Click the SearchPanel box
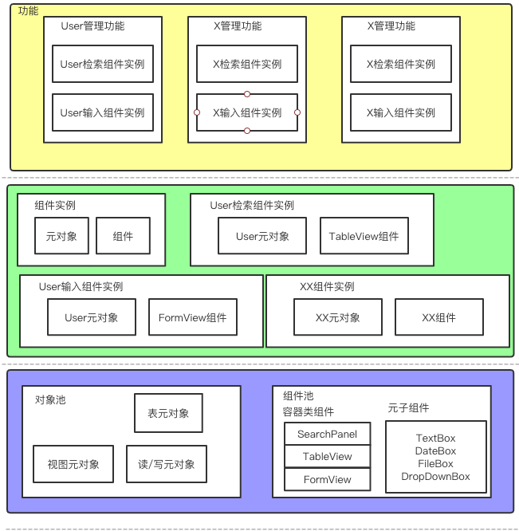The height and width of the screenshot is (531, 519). [328, 435]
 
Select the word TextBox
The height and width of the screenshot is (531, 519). [435, 439]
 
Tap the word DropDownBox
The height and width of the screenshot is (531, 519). [435, 477]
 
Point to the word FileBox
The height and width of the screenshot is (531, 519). [435, 464]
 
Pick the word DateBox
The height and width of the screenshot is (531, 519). [435, 451]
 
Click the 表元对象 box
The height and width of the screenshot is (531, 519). [168, 413]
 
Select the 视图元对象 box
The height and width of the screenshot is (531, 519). [73, 464]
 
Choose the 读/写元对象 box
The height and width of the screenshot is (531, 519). [167, 464]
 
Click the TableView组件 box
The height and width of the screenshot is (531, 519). [364, 236]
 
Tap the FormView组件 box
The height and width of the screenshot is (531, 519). [192, 317]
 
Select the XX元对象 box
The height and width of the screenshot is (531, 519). [338, 317]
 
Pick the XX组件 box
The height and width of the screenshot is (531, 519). [438, 317]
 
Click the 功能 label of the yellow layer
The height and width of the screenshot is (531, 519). [28, 11]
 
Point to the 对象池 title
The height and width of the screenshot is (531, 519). [50, 399]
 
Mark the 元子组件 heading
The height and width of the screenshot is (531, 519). [408, 408]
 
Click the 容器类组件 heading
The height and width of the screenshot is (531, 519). [308, 412]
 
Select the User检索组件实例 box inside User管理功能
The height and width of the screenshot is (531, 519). [102, 65]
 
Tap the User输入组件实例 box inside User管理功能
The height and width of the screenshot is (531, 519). [102, 113]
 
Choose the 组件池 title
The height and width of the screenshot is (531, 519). [298, 396]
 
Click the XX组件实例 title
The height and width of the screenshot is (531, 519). [327, 287]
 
